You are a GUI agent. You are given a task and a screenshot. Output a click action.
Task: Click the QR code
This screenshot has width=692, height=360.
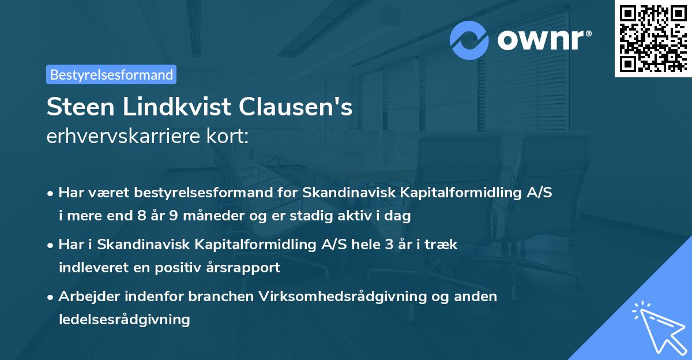pyautogui.click(x=652, y=38)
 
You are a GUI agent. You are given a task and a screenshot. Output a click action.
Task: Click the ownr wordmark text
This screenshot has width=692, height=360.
pyautogui.click(x=543, y=40)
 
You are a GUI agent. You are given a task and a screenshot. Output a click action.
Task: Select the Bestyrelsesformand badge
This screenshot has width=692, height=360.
pyautogui.click(x=111, y=74)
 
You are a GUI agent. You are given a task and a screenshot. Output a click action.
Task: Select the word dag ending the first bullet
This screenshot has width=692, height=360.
pyautogui.click(x=398, y=217)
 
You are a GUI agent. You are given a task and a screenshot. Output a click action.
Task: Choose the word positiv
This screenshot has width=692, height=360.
pyautogui.click(x=180, y=268)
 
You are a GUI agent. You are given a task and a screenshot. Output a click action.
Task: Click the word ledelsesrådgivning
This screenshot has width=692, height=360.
pyautogui.click(x=124, y=319)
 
